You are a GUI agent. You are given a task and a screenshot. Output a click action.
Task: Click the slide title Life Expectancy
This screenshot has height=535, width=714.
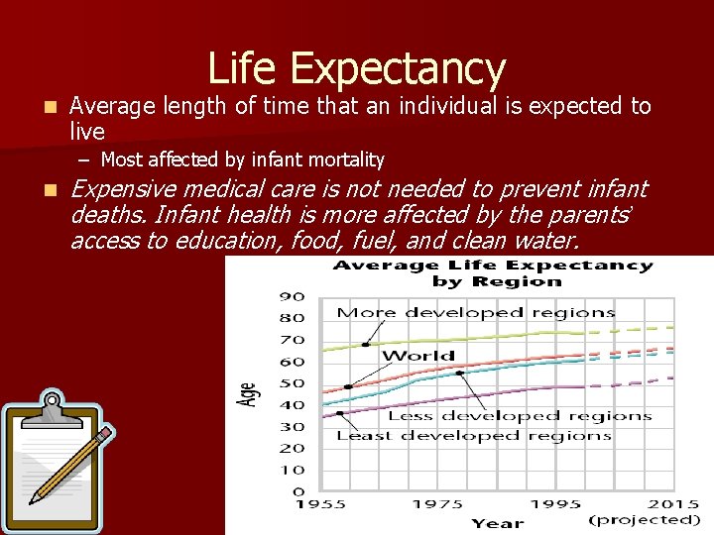[357, 68]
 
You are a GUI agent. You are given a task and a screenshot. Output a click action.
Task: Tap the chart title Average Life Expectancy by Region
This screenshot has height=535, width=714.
[493, 273]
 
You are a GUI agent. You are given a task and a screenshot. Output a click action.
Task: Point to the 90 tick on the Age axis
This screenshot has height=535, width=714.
[292, 297]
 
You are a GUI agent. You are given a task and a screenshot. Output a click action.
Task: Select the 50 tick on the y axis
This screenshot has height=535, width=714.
[292, 383]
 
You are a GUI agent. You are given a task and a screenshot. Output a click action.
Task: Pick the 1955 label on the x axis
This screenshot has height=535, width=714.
[320, 505]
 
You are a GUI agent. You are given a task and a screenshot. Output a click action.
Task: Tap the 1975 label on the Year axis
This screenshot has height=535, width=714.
[437, 505]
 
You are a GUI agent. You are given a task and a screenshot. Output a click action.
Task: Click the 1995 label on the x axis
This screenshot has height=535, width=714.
[555, 505]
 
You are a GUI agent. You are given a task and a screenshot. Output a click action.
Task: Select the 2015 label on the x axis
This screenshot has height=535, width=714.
[674, 505]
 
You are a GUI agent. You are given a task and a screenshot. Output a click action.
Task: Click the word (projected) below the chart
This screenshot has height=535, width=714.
[645, 520]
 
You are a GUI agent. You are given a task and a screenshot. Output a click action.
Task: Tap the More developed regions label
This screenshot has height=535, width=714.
[476, 313]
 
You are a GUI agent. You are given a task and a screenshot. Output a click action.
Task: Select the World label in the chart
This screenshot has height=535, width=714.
[417, 356]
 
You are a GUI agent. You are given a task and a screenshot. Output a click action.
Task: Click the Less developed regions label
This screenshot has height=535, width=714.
[520, 416]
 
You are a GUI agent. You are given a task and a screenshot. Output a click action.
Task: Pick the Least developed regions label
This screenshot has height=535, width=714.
[473, 436]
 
